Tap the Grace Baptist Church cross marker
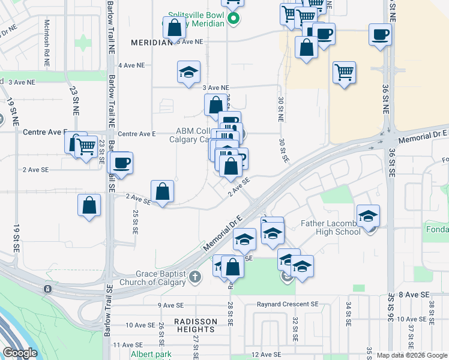coord(194,277)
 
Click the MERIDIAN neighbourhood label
coord(151,43)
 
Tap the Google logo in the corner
coord(20,353)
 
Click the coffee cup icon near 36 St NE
coord(380,34)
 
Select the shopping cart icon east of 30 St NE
coord(345,73)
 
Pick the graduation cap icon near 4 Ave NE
coord(188,72)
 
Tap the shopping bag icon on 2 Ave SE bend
coord(163,191)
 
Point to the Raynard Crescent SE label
coord(288,304)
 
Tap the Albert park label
coord(151,354)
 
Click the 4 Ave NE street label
coord(131,65)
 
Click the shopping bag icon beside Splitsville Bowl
coord(174,28)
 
